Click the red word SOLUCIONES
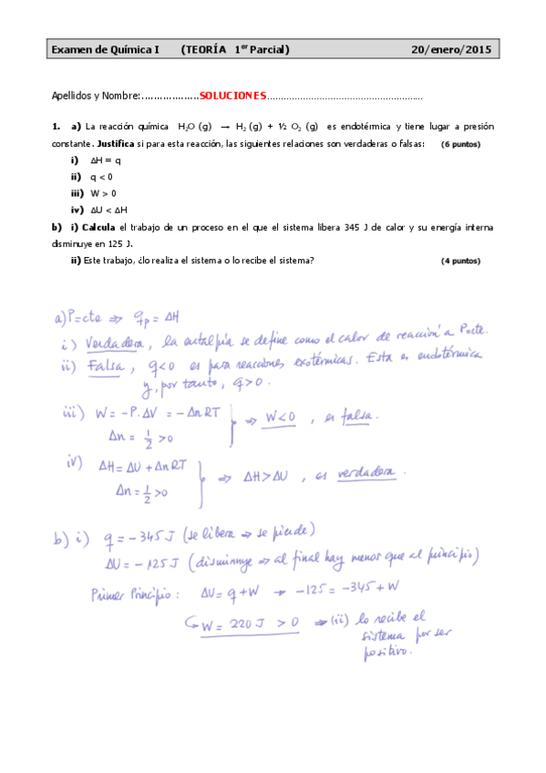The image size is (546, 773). [x=232, y=96]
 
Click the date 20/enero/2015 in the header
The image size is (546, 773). [x=450, y=50]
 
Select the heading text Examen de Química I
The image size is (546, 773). [x=105, y=50]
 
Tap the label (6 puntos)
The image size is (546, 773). [x=460, y=145]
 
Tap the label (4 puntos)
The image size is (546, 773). [x=460, y=261]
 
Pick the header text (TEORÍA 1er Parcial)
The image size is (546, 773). [x=235, y=50]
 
